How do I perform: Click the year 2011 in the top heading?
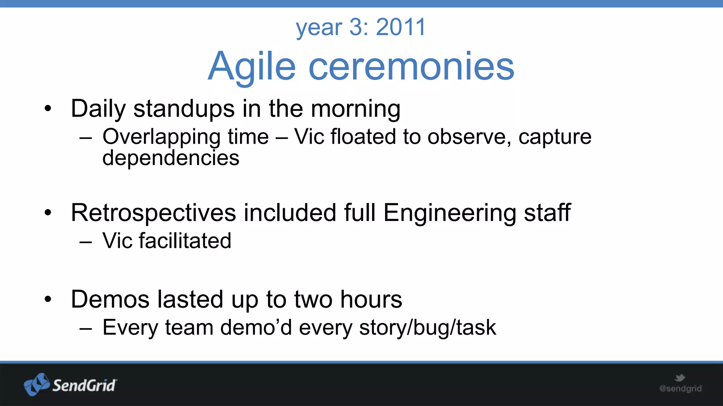(x=401, y=27)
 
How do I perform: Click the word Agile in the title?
(x=251, y=66)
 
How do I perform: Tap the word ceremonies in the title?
(x=411, y=66)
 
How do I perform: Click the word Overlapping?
(x=161, y=137)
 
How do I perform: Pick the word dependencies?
(x=171, y=158)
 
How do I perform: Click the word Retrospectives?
(x=153, y=213)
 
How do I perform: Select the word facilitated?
(x=185, y=241)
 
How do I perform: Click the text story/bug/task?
(x=428, y=328)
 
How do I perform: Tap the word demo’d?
(x=256, y=327)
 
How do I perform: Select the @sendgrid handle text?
(x=680, y=389)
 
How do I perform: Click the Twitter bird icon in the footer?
(x=680, y=378)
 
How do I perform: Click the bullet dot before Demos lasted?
(x=48, y=300)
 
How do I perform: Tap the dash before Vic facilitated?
(x=86, y=242)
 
